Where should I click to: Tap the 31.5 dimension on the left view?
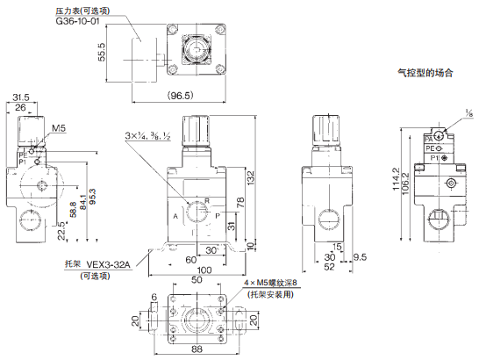pos(21,97)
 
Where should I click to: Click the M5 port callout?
pos(59,128)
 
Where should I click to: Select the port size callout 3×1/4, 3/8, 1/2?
pos(151,135)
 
